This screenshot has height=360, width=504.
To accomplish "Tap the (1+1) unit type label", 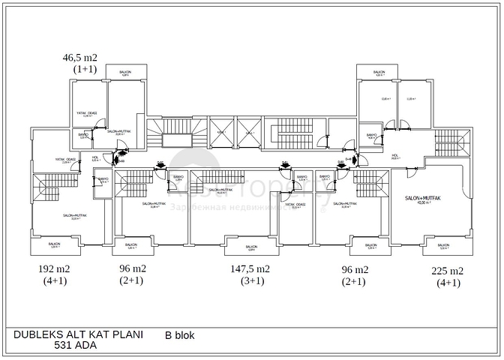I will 85,68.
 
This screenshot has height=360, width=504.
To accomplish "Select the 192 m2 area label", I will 54,269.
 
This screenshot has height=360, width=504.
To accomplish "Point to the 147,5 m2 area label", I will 250,269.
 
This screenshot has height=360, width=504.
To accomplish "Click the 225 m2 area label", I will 448,271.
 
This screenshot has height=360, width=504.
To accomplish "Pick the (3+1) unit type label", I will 251,281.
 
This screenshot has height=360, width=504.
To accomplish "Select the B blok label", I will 179,335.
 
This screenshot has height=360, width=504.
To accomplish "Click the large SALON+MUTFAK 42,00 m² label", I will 424,199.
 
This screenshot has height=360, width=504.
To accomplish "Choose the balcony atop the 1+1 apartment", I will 126,73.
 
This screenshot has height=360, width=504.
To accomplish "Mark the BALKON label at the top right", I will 379,73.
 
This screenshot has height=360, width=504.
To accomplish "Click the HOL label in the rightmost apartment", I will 395,157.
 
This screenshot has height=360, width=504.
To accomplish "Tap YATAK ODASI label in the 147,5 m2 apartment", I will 295,205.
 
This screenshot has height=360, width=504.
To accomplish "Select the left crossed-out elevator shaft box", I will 221,132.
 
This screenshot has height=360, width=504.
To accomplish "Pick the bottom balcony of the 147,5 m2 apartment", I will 250,247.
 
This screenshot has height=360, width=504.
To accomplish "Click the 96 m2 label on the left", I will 133,269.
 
